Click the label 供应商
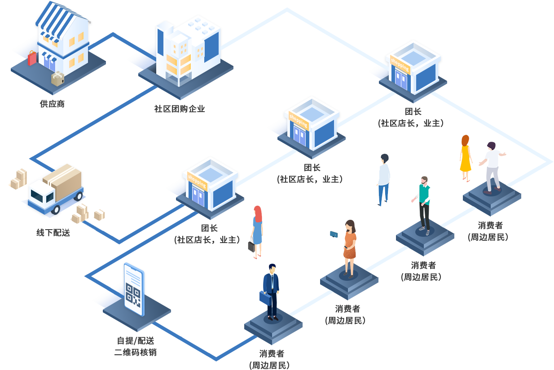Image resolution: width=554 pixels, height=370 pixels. click(52, 104)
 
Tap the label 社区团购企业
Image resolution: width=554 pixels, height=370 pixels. click(180, 109)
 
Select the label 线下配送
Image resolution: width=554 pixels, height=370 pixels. click(53, 233)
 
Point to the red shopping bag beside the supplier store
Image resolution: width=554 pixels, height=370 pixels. click(32, 58)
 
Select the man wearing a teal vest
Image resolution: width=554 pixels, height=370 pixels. click(424, 204)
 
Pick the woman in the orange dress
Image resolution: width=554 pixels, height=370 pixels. click(349, 247)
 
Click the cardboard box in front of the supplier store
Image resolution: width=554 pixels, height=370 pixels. click(57, 79)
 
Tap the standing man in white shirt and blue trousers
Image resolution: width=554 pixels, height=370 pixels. click(383, 179)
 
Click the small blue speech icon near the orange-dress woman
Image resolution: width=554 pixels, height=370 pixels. click(334, 234)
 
